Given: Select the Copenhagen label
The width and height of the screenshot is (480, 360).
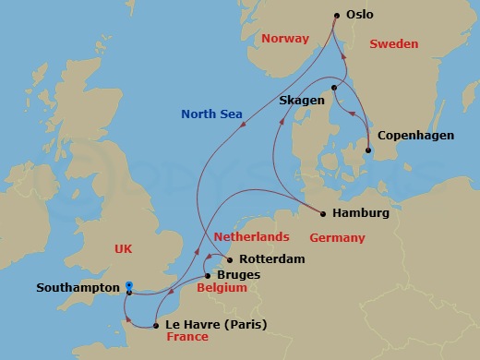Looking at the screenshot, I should tap(415, 136).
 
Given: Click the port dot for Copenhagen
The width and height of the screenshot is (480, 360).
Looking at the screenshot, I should tap(369, 150).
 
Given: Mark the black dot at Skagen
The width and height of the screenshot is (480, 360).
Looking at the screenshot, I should tap(334, 89).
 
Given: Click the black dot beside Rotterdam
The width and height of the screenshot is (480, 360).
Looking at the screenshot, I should tap(229, 259).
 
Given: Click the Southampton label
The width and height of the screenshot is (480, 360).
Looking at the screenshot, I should tap(77, 287).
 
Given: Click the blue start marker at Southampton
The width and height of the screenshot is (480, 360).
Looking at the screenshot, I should tap(129, 285).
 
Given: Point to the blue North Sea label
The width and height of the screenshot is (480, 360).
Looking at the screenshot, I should tap(212, 114).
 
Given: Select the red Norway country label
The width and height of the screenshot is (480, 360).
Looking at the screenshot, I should tap(284, 39).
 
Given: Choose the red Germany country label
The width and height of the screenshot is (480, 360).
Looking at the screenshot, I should tap(337, 237).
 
